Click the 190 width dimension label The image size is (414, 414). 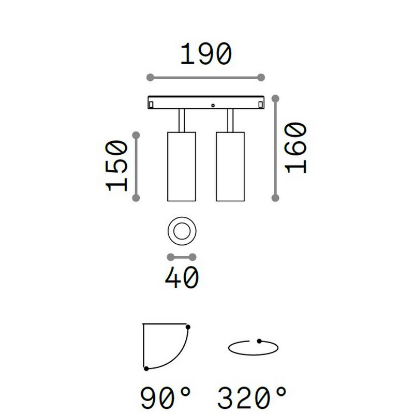pyautogui.click(x=205, y=54)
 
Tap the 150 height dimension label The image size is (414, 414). pyautogui.click(x=117, y=166)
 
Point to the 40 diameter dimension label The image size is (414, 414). pyautogui.click(x=182, y=279)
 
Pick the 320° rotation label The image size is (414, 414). pyautogui.click(x=252, y=399)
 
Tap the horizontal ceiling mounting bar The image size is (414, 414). pyautogui.click(x=206, y=102)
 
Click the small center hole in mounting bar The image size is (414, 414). pyautogui.click(x=212, y=105)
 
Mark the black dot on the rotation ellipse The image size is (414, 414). pyautogui.click(x=259, y=341)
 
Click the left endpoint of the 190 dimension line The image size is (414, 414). pyautogui.click(x=150, y=78)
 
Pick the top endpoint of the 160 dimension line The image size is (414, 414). pyautogui.click(x=276, y=98)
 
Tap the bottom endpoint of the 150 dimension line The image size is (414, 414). pyautogui.click(x=136, y=198)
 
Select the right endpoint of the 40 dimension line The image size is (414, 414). pyautogui.click(x=194, y=257)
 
